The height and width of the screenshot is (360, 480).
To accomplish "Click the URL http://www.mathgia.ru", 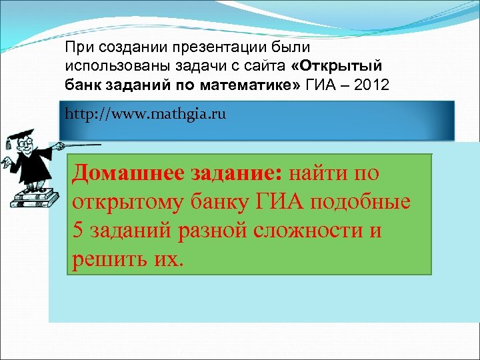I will tap(146, 114).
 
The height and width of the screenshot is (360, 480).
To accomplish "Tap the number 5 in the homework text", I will tap(75, 231).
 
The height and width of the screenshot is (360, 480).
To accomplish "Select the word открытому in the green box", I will tap(123, 202).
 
